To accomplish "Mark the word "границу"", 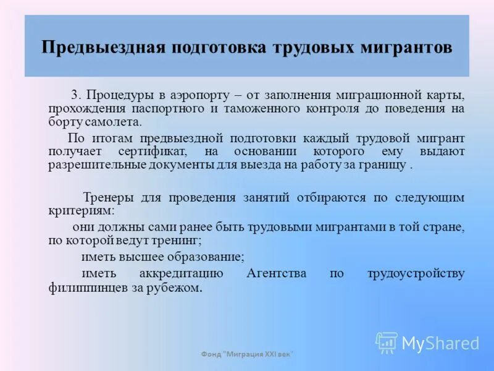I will pyautogui.click(x=387, y=165).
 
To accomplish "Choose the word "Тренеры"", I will pyautogui.click(x=107, y=197).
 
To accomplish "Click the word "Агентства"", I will pyautogui.click(x=276, y=273).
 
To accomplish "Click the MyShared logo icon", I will pyautogui.click(x=387, y=342).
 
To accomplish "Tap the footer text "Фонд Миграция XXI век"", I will pyautogui.click(x=247, y=354).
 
